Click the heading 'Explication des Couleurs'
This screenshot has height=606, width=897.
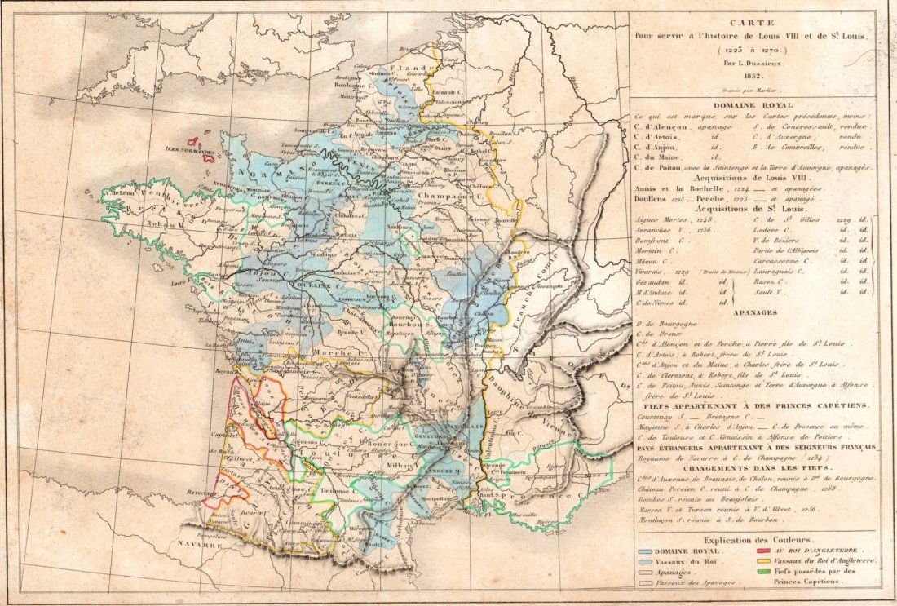[x=754, y=541]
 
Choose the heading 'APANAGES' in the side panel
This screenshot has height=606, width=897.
[x=754, y=312]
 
